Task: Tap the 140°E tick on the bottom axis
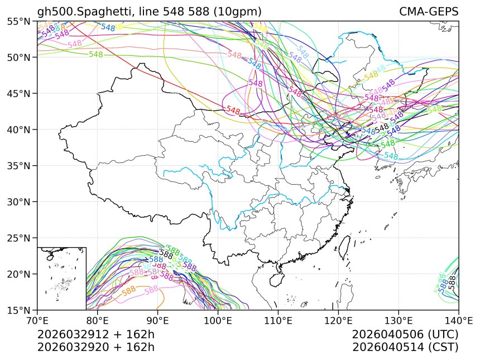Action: (x=458, y=321)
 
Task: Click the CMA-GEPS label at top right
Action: (x=428, y=12)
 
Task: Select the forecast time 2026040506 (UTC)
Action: (x=405, y=335)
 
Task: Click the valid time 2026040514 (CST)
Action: (x=405, y=347)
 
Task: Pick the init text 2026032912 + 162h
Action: (x=95, y=335)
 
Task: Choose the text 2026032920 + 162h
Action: (x=95, y=347)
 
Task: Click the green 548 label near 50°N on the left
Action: (x=95, y=55)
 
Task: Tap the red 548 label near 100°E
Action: (x=233, y=111)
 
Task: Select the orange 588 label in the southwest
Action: (x=128, y=291)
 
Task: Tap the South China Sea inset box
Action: (x=61, y=278)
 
